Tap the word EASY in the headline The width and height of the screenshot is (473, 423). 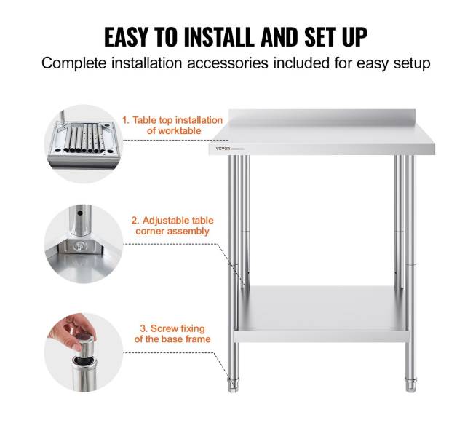point(126,37)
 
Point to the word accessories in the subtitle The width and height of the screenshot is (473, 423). point(228,63)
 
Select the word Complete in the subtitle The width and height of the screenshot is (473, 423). point(74,63)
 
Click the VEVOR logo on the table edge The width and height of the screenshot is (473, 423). point(223,149)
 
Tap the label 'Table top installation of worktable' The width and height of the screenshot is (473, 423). point(172,125)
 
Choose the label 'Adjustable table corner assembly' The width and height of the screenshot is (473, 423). point(172,226)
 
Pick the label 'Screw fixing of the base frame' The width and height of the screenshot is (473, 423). point(172,333)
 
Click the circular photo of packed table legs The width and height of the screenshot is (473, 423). point(84,143)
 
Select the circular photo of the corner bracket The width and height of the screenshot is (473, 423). point(84,244)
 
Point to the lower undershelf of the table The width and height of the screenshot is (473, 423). point(322,314)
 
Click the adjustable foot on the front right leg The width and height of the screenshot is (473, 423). point(410,385)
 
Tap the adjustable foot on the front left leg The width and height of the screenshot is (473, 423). point(233,385)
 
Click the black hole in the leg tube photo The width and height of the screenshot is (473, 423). point(80,213)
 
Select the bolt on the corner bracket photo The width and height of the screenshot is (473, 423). point(79,246)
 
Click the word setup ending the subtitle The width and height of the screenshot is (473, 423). point(412,64)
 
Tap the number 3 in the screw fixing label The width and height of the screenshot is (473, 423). point(143,328)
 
